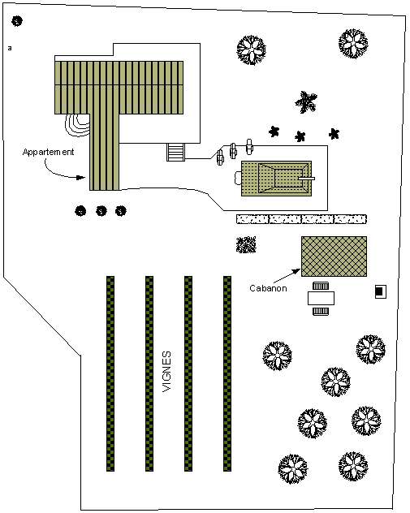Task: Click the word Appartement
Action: tap(49, 152)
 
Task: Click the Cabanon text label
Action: tap(268, 288)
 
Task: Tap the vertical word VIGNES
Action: tap(166, 371)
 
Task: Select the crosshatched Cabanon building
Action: tap(334, 256)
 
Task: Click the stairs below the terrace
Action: tap(175, 153)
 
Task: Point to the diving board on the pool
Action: tap(307, 179)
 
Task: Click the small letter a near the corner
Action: tap(10, 48)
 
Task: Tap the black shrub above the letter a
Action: tap(17, 21)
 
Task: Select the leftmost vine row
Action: tap(110, 373)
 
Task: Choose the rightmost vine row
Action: tap(227, 373)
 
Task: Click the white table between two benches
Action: tap(321, 298)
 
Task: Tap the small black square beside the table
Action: tap(380, 291)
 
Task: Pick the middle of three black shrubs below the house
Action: tap(101, 211)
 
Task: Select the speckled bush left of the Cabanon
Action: tap(246, 244)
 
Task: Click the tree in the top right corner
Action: tap(353, 44)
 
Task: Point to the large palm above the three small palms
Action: tap(306, 102)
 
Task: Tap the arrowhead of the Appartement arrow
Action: tap(81, 178)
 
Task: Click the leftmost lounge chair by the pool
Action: tap(220, 157)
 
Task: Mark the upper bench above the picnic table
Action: tap(321, 287)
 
